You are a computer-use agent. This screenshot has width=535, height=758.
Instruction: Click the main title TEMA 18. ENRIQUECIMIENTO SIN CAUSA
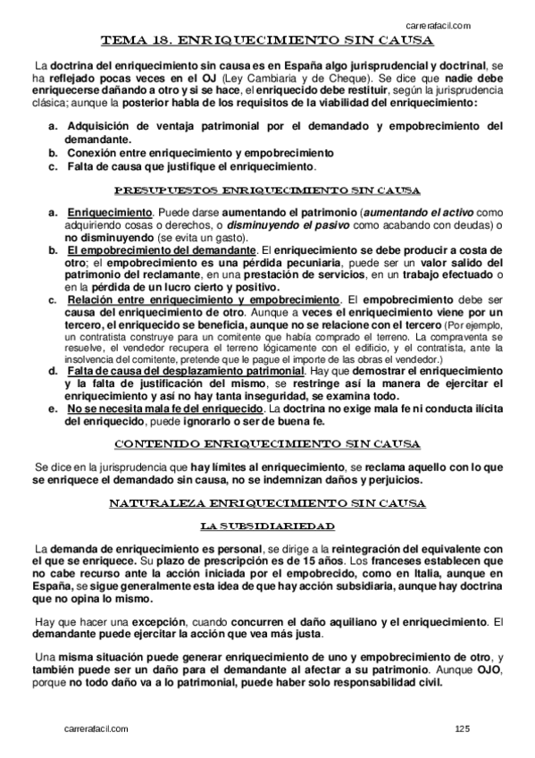269,41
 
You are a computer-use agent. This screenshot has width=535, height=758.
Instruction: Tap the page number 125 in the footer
462,730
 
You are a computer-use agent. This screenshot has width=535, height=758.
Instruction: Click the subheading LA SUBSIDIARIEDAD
268,525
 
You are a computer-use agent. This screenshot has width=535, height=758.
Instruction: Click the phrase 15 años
314,560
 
